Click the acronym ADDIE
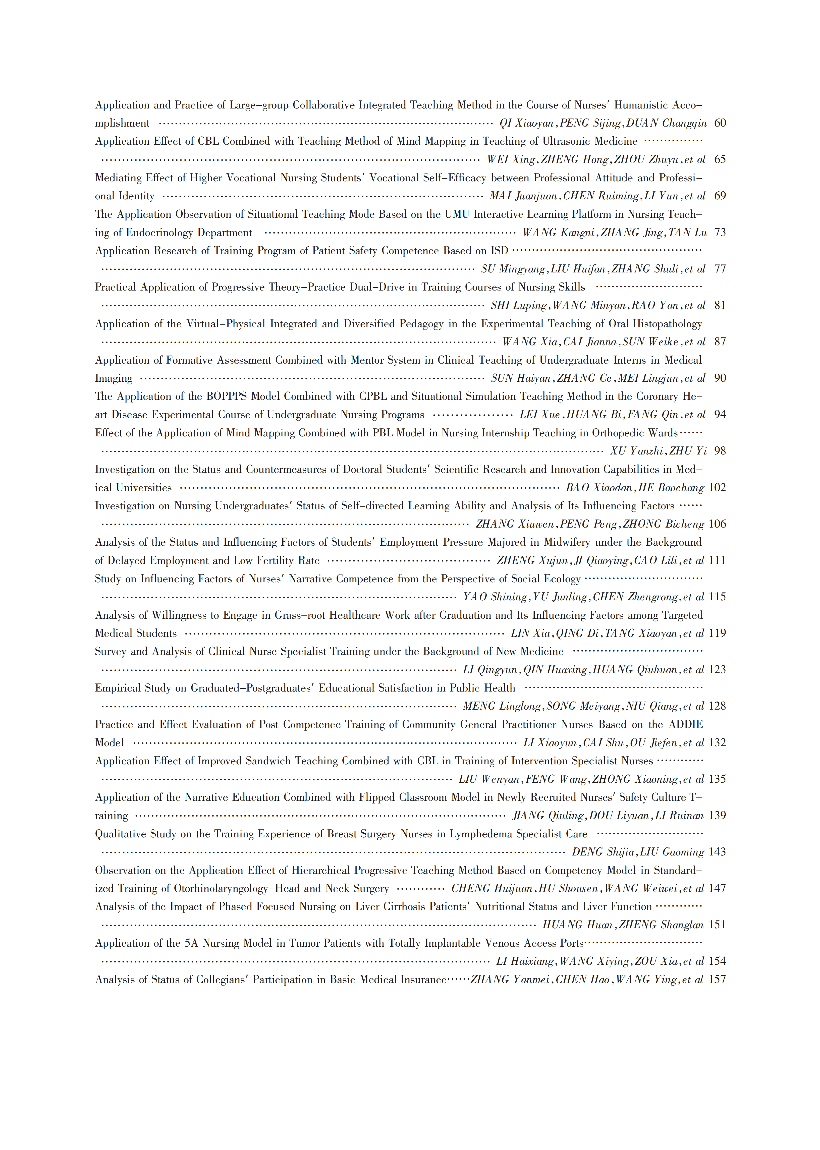pos(686,724)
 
